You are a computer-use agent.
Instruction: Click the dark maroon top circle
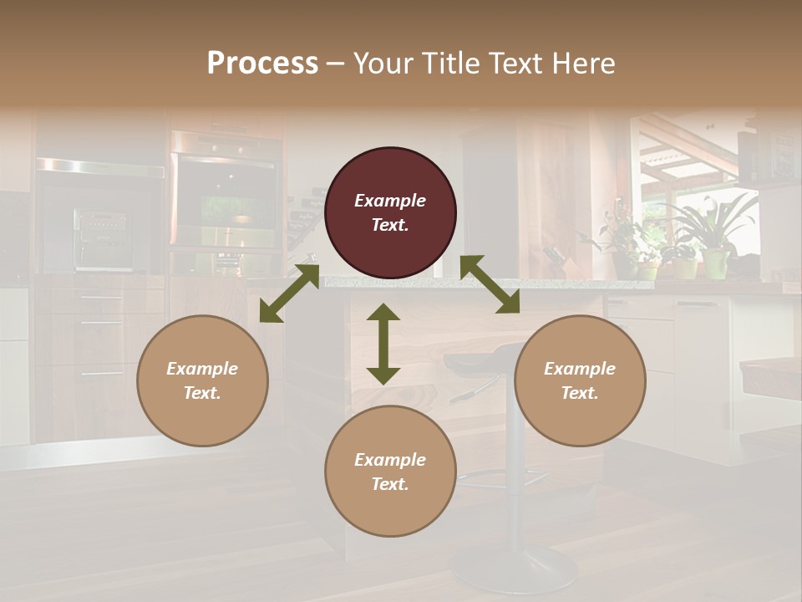[x=390, y=212]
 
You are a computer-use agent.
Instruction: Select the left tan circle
[x=202, y=380]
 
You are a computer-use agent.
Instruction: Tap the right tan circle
[x=580, y=380]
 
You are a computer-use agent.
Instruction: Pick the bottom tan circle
[x=390, y=471]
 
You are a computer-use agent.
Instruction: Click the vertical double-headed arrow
[x=383, y=344]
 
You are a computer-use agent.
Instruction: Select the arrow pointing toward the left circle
[x=289, y=293]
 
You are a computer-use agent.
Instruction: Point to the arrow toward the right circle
[x=490, y=284]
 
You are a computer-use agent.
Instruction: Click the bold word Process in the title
[x=262, y=63]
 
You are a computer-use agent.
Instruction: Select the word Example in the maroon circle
[x=390, y=201]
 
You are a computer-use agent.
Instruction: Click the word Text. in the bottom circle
[x=390, y=484]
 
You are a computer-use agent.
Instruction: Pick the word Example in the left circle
[x=202, y=369]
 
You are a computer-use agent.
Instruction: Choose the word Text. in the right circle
[x=580, y=393]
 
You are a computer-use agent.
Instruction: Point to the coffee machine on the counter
[x=102, y=239]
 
